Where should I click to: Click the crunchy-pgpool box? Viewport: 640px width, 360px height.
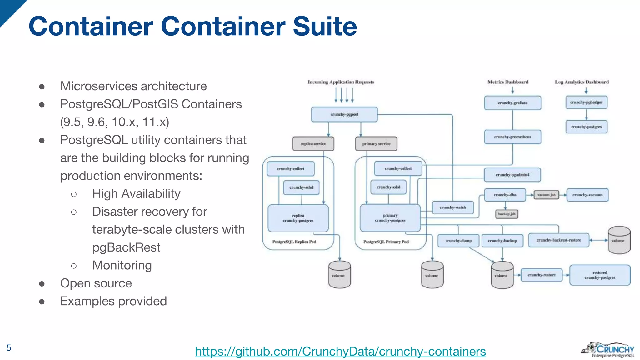point(344,114)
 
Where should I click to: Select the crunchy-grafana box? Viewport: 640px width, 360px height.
point(512,103)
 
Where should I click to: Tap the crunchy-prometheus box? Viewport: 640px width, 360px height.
point(512,137)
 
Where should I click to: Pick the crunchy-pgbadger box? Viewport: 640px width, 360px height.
point(586,102)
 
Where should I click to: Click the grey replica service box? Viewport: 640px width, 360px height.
point(313,144)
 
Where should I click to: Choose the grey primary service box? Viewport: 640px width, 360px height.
point(376,144)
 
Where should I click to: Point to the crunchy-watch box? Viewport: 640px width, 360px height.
point(452,207)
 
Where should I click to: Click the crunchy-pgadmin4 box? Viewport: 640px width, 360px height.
point(512,175)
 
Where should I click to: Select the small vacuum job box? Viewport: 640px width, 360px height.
point(546,195)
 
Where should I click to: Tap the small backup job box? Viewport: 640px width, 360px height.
point(507,214)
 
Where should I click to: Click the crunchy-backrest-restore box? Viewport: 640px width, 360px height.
point(558,240)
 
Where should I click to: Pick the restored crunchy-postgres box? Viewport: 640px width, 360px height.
point(600,275)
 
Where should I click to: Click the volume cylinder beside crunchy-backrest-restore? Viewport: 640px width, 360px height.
point(619,240)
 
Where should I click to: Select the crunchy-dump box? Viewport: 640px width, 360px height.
point(458,241)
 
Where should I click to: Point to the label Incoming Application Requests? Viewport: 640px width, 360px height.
point(341,82)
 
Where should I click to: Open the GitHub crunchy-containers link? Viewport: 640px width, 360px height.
point(340,352)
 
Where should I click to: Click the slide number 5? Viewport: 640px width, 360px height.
point(9,348)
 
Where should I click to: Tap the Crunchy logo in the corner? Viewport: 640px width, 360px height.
point(608,350)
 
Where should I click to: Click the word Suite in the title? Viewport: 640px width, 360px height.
point(325,26)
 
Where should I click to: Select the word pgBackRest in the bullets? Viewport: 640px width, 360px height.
point(126,247)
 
